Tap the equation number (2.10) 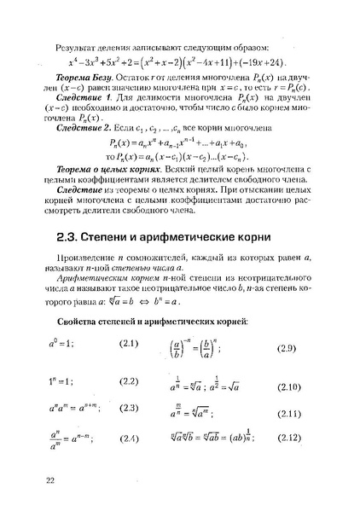tap(291, 386)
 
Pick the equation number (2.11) tap(291, 414)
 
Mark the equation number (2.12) tap(291, 440)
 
